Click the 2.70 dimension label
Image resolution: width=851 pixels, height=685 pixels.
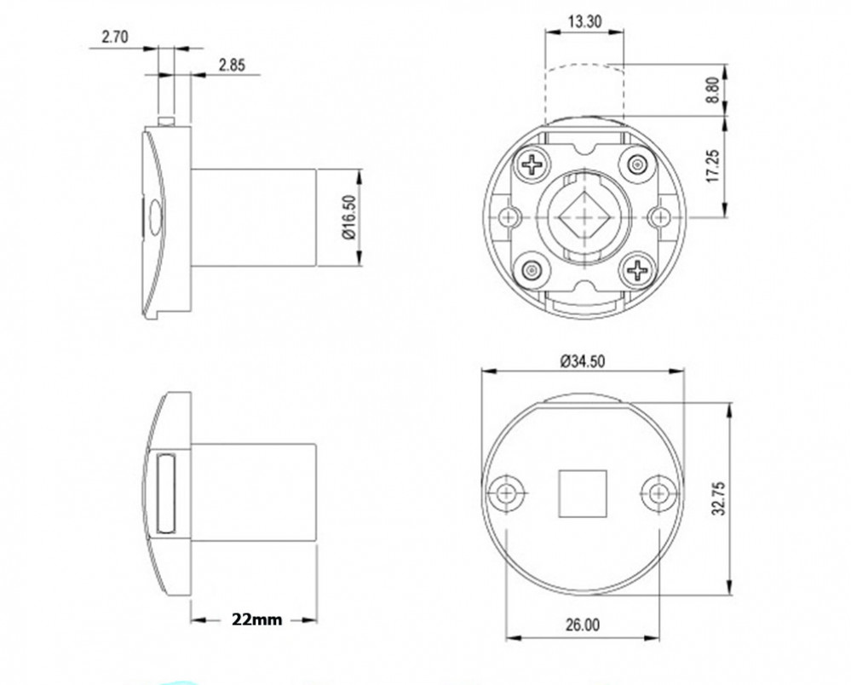click(x=114, y=37)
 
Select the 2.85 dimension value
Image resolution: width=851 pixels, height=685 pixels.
click(x=232, y=65)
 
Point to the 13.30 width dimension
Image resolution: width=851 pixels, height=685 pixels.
click(x=584, y=21)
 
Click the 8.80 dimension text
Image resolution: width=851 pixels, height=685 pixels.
click(x=714, y=89)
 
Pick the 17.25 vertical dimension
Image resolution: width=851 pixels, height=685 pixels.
click(x=714, y=166)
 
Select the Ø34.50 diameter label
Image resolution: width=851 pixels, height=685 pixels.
click(x=583, y=361)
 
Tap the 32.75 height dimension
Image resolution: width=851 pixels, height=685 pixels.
click(x=718, y=498)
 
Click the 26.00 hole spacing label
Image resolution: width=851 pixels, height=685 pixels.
click(x=583, y=625)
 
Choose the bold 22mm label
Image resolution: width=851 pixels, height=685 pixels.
click(x=256, y=619)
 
